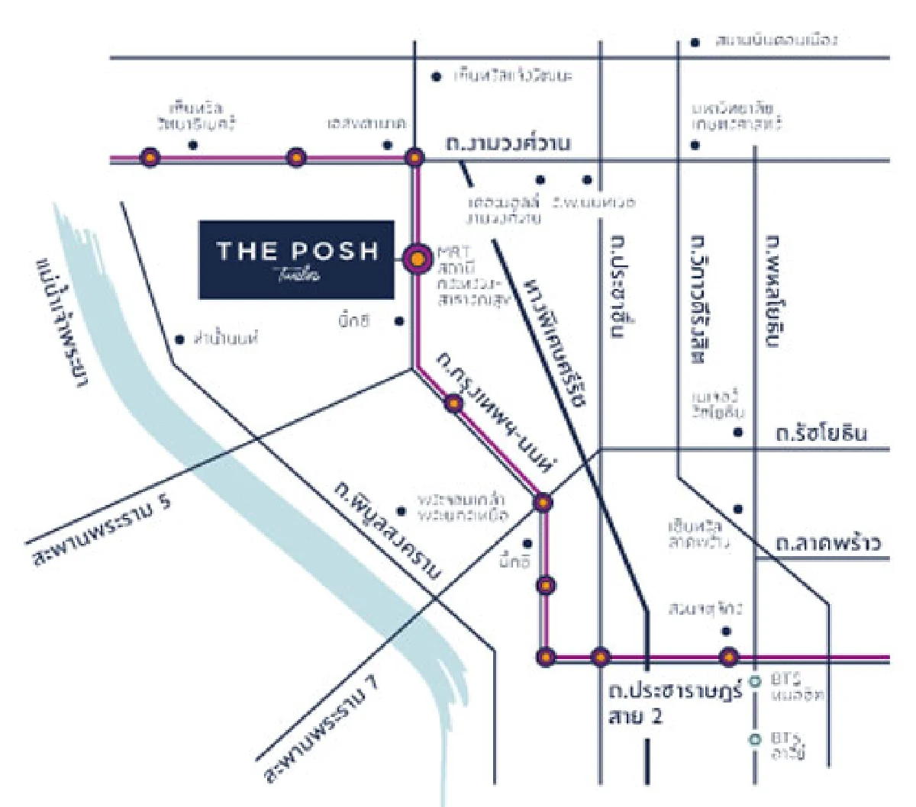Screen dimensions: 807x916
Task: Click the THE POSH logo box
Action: click(x=297, y=259)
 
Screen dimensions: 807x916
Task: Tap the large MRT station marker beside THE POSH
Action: click(x=416, y=259)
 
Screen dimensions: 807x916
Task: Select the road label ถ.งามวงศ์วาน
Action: click(x=508, y=143)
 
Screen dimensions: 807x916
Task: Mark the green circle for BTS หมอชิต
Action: click(x=755, y=681)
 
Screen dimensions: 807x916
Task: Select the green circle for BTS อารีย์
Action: click(x=755, y=738)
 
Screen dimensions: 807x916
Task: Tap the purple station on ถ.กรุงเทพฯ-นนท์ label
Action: click(x=454, y=403)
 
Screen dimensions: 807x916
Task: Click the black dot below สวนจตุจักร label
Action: click(x=726, y=631)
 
